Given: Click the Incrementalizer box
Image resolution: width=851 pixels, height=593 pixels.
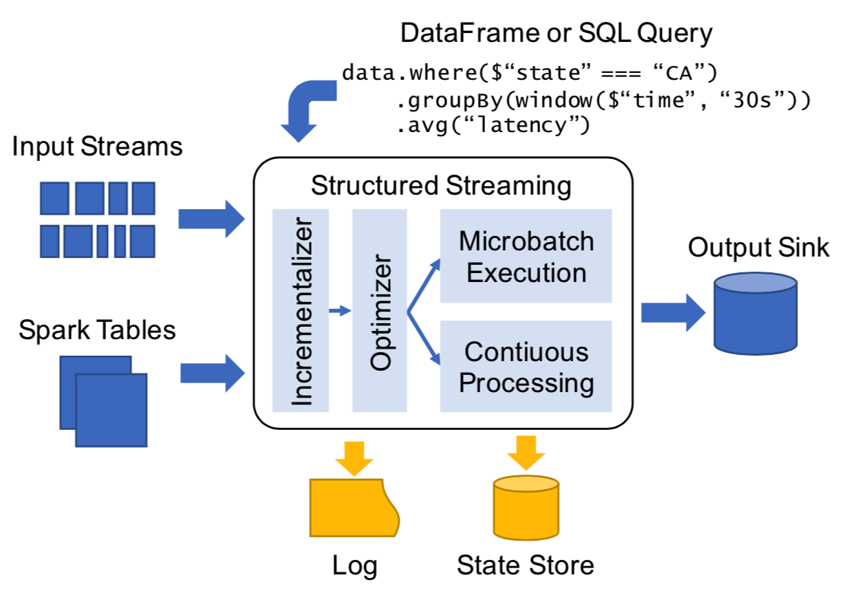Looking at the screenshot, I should (301, 310).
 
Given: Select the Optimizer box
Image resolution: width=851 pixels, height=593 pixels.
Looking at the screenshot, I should (380, 310).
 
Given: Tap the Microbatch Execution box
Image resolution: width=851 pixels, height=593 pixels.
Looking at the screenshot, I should (526, 256).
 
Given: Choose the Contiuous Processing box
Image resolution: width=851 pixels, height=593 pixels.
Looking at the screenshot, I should (526, 366).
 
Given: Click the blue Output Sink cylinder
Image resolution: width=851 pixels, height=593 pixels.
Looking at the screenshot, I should (755, 314).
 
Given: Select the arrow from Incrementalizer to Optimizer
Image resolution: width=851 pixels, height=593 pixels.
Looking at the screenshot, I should (340, 312).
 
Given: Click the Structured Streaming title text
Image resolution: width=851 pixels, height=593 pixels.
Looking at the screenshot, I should (441, 186).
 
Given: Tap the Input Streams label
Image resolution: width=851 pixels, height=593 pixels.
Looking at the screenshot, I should (98, 147).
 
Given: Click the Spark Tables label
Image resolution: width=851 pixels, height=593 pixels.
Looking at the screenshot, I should (97, 330).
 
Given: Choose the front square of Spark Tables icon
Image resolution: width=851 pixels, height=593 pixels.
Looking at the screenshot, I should (111, 410).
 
